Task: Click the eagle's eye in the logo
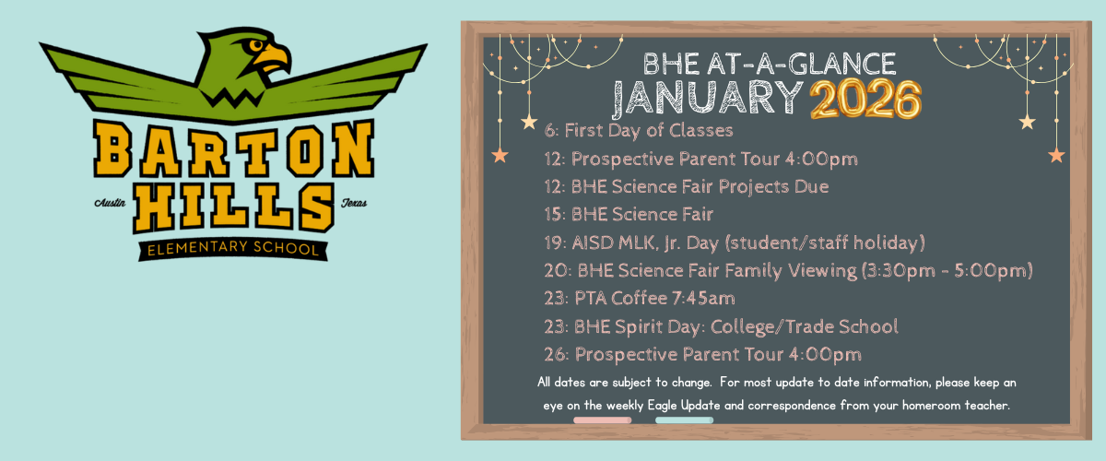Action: point(257,45)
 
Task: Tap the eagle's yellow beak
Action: point(274,58)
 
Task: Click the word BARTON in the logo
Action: point(233,148)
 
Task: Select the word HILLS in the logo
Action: point(233,207)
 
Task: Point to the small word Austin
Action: point(110,203)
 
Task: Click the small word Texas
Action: point(354,203)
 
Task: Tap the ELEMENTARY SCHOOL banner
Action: point(233,249)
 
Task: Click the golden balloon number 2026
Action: point(865,100)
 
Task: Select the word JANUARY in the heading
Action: point(708,98)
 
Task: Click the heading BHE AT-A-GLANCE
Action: point(770,64)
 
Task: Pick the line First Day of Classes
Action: point(639,130)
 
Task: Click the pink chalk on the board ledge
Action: point(603,420)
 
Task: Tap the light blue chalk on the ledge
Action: point(684,420)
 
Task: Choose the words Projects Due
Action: point(773,187)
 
